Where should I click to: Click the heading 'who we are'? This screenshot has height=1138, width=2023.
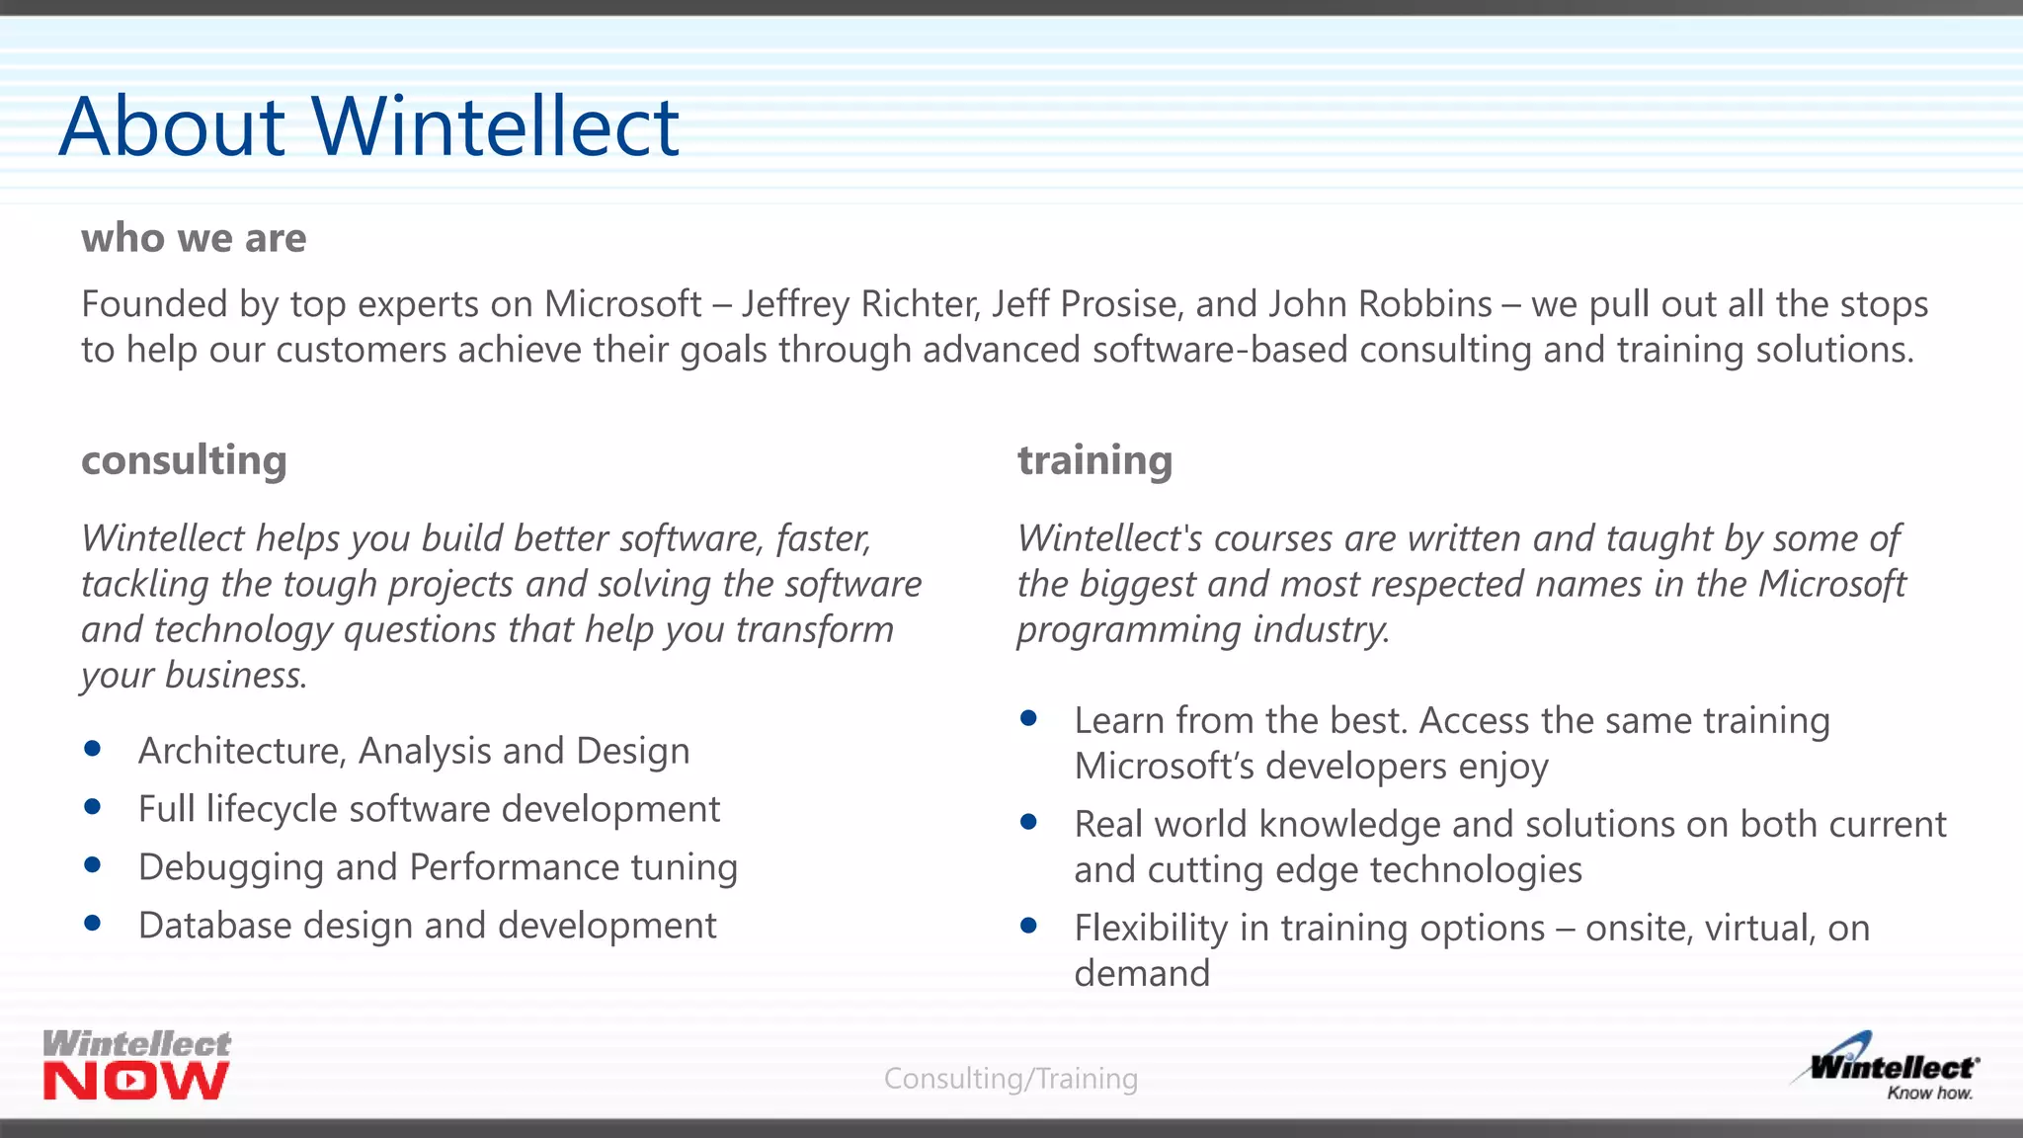point(194,238)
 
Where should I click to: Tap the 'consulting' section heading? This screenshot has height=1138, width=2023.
point(185,460)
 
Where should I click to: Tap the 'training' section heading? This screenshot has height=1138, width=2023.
point(1094,460)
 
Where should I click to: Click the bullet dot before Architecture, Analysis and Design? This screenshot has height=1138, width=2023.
point(93,749)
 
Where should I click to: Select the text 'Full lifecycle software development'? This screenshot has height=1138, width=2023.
point(429,809)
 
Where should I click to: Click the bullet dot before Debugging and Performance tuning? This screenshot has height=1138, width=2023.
point(93,864)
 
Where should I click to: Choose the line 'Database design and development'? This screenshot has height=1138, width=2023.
point(427,926)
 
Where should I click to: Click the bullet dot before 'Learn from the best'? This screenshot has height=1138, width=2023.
point(1028,718)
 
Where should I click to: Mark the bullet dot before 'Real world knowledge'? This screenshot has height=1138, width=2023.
point(1028,822)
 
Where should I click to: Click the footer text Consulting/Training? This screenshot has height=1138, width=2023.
point(1011,1079)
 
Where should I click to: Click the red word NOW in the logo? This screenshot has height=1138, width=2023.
point(136,1081)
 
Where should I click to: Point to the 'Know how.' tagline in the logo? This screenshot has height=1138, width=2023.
point(1929,1094)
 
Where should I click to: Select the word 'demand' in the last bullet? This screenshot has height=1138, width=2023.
point(1142,974)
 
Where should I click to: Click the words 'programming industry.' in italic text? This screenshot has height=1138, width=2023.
point(1203,630)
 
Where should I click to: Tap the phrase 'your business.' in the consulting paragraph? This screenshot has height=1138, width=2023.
point(194,676)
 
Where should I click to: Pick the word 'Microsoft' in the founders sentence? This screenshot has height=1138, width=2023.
point(622,304)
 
